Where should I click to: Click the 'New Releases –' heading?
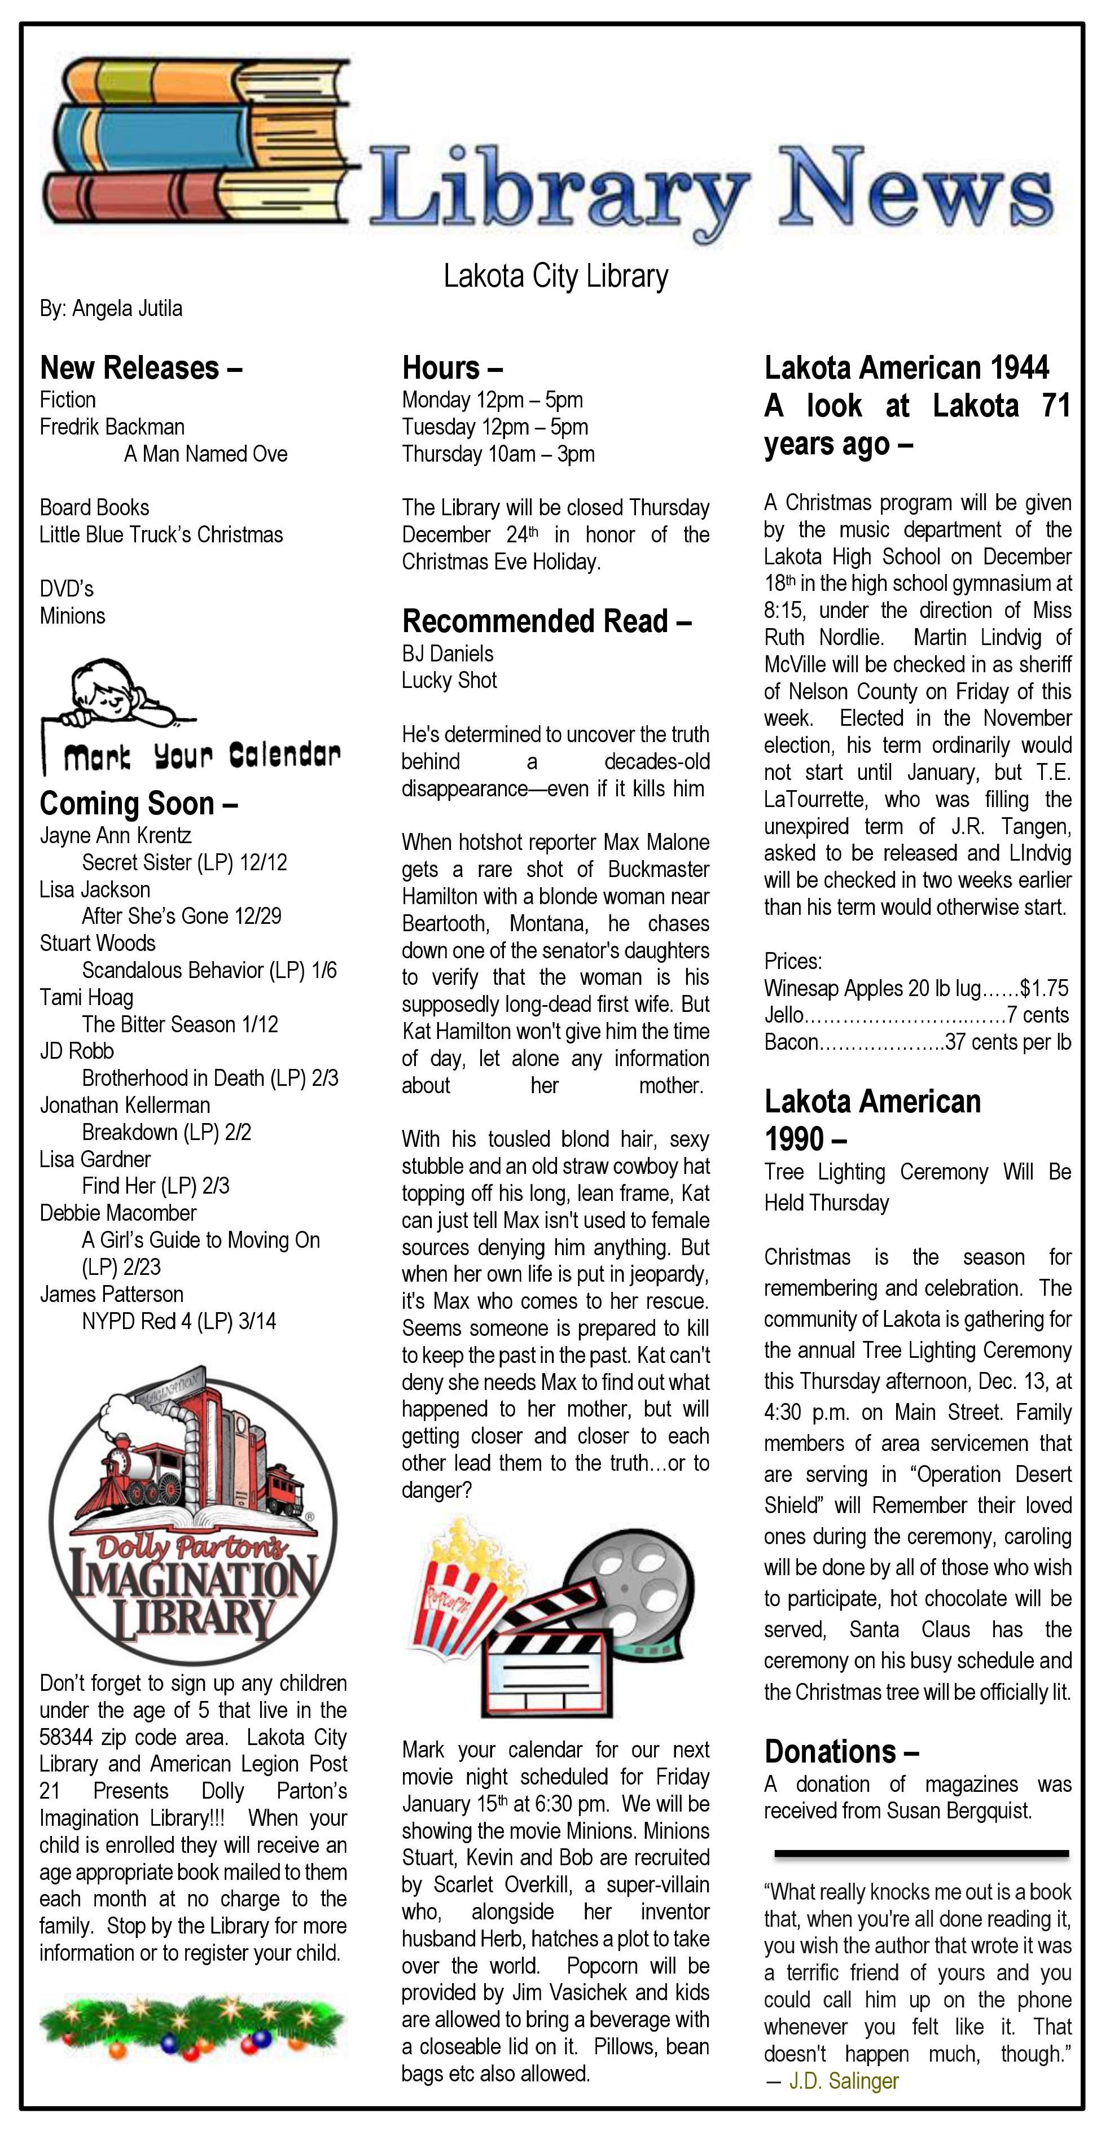[x=141, y=367]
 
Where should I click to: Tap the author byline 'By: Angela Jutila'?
[x=111, y=308]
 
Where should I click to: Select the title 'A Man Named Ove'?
[x=205, y=454]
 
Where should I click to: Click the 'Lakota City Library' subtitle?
[x=555, y=276]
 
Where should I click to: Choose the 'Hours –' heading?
[x=452, y=367]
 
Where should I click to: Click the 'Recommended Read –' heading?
[x=546, y=621]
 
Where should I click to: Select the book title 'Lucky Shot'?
[x=449, y=681]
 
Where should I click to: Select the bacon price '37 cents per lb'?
[x=1008, y=1042]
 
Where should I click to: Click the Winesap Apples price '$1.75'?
[x=1045, y=988]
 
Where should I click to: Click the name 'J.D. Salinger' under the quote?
[x=843, y=2081]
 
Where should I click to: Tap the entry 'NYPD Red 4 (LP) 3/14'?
[x=178, y=1321]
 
